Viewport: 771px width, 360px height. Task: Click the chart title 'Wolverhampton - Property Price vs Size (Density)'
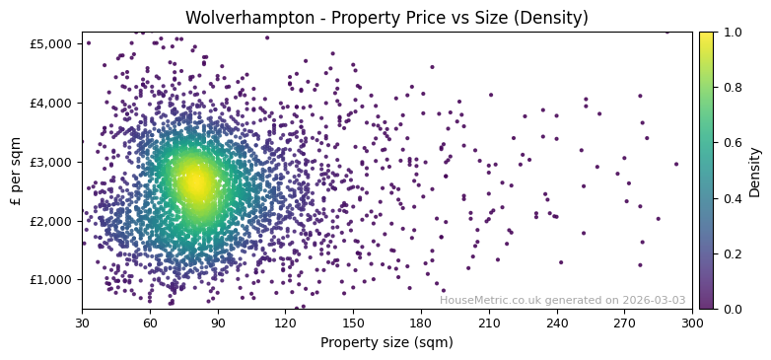pos(386,18)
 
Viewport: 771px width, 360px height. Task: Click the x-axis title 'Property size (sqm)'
pos(386,342)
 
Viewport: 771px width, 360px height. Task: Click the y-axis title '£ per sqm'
pos(16,171)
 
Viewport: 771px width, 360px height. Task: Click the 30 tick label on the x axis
pos(82,323)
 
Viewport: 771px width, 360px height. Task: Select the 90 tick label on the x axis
pos(218,323)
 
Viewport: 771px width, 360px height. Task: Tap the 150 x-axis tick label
pos(353,323)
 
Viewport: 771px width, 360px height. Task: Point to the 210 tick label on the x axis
pos(489,323)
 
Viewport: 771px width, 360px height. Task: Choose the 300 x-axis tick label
pos(692,323)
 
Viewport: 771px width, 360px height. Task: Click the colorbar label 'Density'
pos(755,171)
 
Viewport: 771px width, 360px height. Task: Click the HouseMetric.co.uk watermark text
pos(562,300)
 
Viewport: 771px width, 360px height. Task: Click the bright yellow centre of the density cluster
pos(195,182)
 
